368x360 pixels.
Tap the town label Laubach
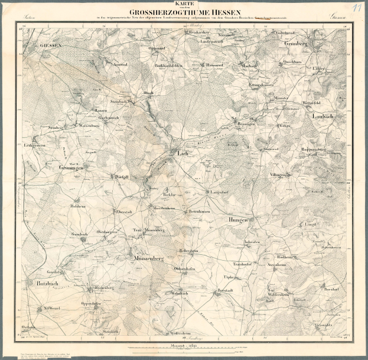324,116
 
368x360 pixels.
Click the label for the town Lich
183,153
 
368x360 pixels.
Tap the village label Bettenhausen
200,211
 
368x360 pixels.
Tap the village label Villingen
278,175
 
